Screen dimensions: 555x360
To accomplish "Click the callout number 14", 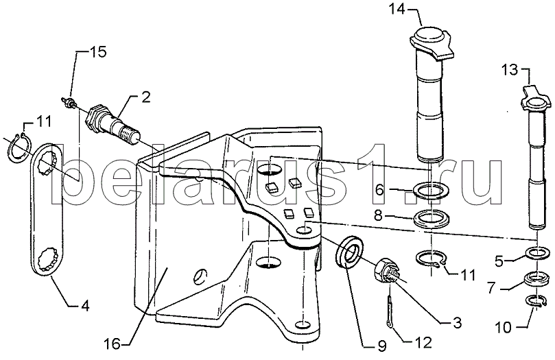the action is [397, 9].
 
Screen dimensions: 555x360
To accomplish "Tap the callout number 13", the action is [509, 70].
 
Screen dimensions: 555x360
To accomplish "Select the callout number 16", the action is [113, 344].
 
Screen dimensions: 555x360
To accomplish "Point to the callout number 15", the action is [98, 51].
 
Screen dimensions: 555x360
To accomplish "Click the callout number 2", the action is [146, 97].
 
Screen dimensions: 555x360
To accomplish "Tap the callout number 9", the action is [381, 346].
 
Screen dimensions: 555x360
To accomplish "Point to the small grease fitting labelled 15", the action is [68, 100].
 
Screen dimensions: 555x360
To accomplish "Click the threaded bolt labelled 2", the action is [113, 125].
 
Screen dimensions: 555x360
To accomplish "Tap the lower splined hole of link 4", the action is [49, 260].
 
